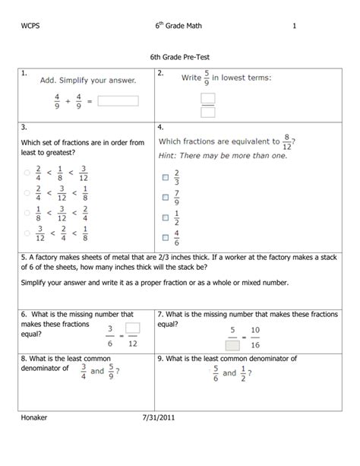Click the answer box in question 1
[x=118, y=100]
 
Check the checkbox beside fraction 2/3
[x=164, y=177]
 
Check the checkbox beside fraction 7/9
[x=164, y=198]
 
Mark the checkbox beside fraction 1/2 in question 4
[x=164, y=218]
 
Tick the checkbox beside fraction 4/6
[x=164, y=238]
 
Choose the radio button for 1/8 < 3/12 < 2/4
[x=27, y=213]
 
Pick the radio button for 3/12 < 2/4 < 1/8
[x=27, y=233]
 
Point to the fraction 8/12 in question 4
[x=286, y=142]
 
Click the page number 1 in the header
[x=293, y=28]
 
